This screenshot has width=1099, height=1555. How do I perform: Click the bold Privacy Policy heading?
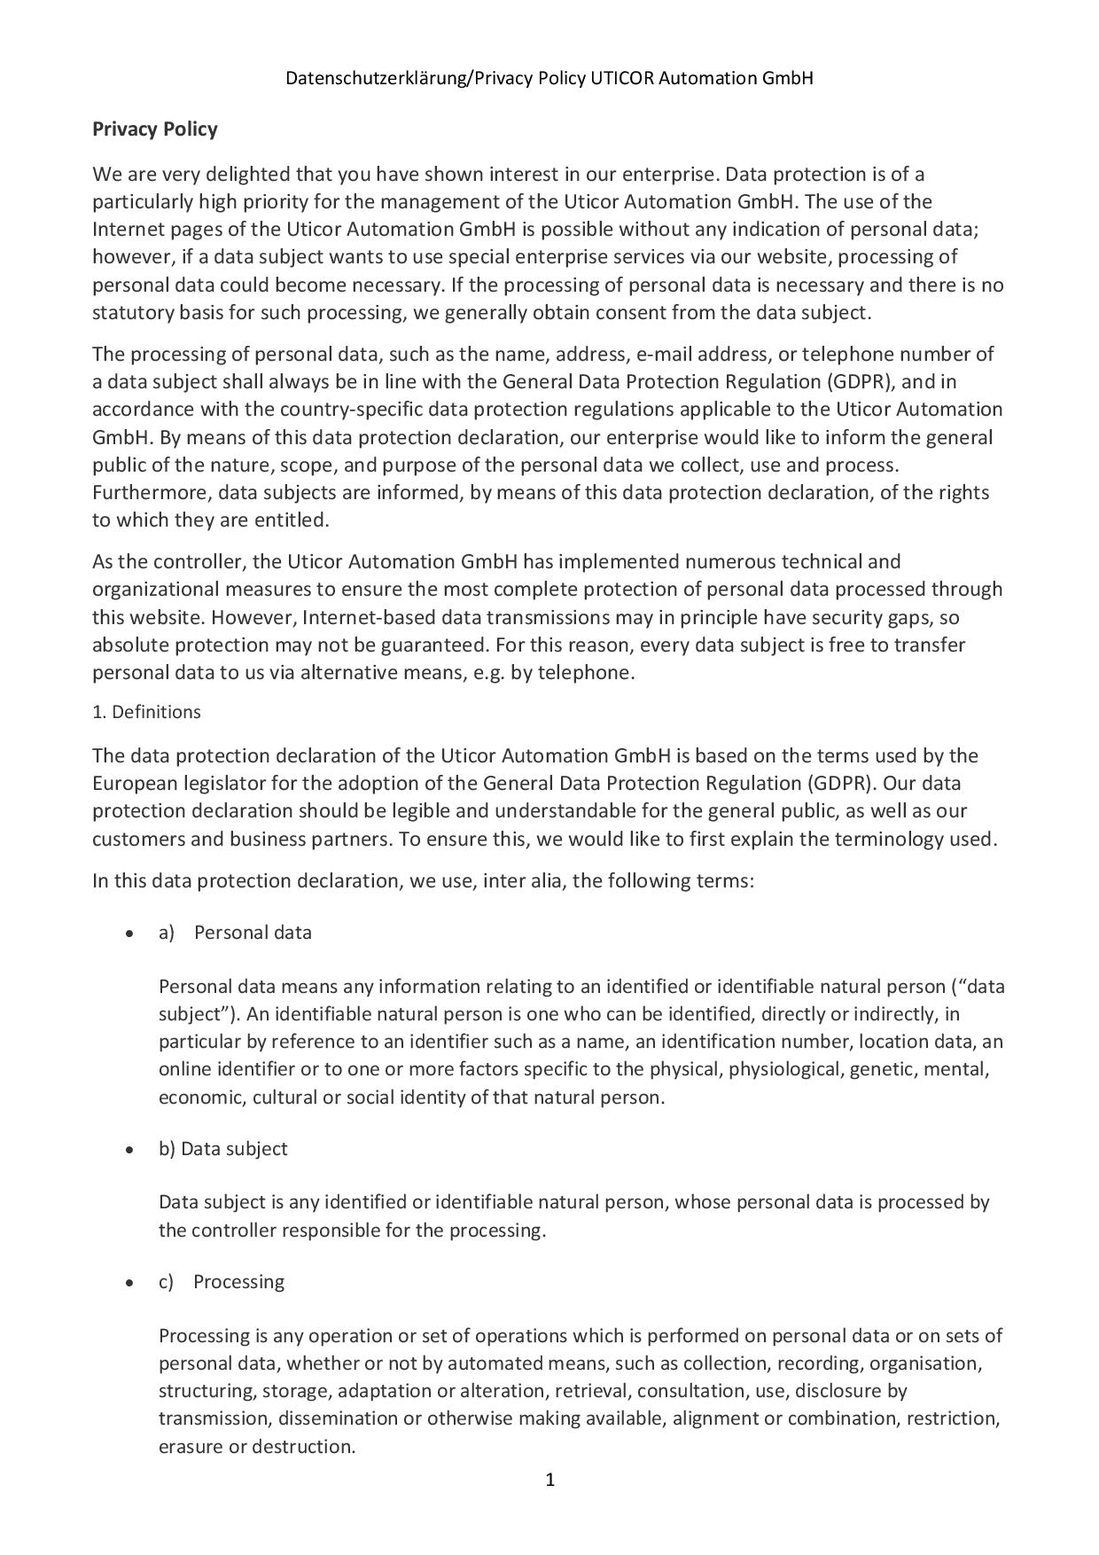point(155,129)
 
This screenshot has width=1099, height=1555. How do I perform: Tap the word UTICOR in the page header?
point(621,78)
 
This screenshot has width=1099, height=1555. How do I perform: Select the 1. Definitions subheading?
point(147,712)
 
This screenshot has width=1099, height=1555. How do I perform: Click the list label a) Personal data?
point(236,933)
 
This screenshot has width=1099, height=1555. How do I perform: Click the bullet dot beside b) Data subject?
point(130,1150)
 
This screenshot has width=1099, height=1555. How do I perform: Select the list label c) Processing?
point(222,1282)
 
